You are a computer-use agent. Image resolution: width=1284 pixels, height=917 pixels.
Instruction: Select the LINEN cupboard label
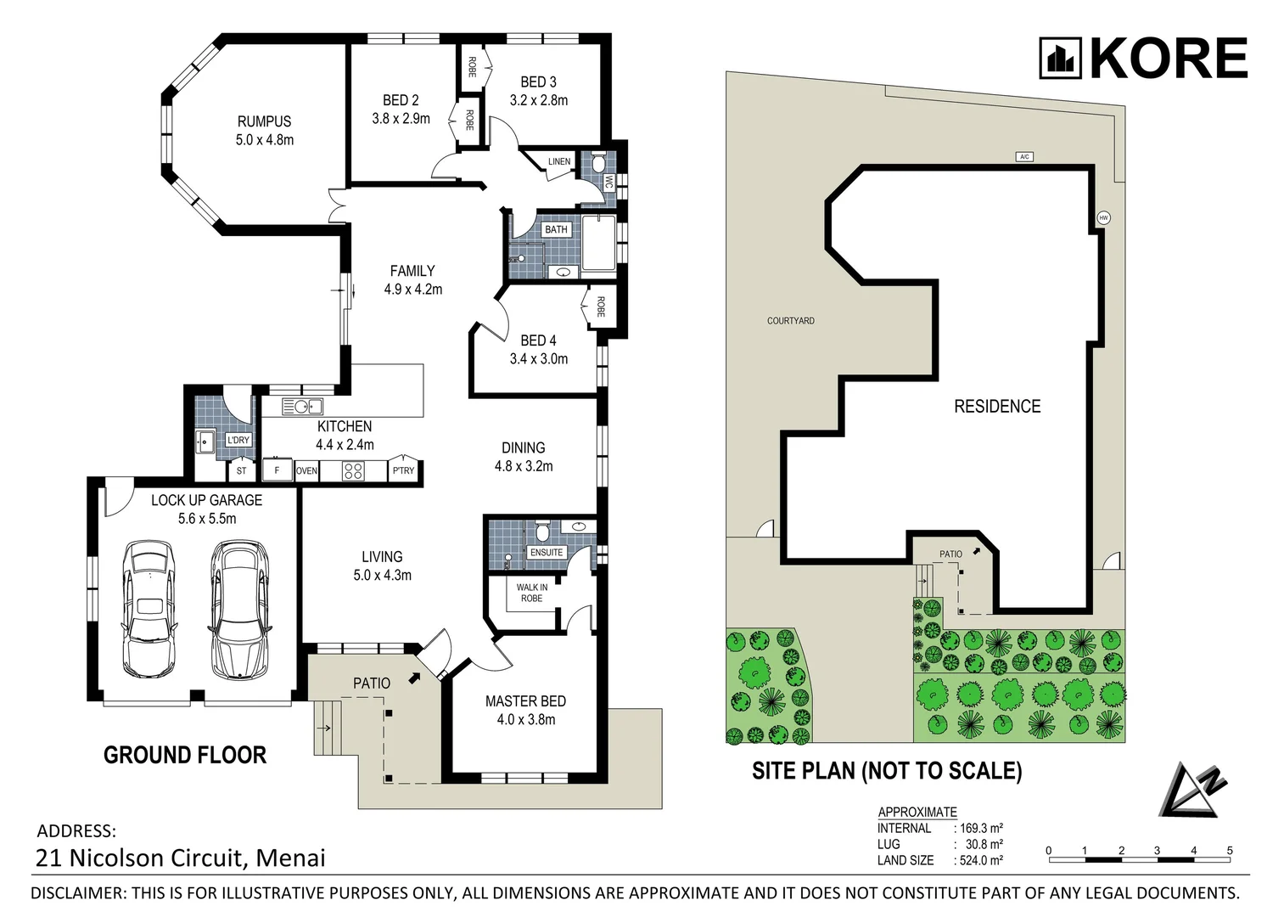[558, 161]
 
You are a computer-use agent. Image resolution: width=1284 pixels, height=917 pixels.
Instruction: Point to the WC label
[608, 181]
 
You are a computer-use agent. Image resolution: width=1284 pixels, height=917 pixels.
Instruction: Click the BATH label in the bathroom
[556, 229]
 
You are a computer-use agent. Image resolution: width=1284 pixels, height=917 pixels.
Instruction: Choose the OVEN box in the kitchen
[306, 470]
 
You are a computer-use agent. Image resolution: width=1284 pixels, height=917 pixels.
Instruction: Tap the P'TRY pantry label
[403, 470]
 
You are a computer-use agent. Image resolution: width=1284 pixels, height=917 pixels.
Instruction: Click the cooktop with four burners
[353, 470]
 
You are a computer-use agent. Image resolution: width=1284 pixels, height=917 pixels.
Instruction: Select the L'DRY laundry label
[238, 440]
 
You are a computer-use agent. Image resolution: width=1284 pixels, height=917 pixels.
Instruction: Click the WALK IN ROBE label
[532, 593]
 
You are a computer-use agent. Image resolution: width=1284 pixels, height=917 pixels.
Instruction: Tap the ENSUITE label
[547, 552]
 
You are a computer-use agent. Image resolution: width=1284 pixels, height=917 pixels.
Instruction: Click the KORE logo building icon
[1061, 58]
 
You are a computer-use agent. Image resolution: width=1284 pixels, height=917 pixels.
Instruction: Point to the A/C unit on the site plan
[1025, 157]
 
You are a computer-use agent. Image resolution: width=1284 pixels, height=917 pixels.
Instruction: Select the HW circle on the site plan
[1103, 217]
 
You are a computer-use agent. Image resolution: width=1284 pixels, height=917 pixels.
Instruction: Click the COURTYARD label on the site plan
[790, 321]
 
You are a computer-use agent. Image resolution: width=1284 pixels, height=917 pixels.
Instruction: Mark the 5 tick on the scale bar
[1229, 851]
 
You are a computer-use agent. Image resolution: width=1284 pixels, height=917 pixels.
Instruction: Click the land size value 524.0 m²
[981, 860]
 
